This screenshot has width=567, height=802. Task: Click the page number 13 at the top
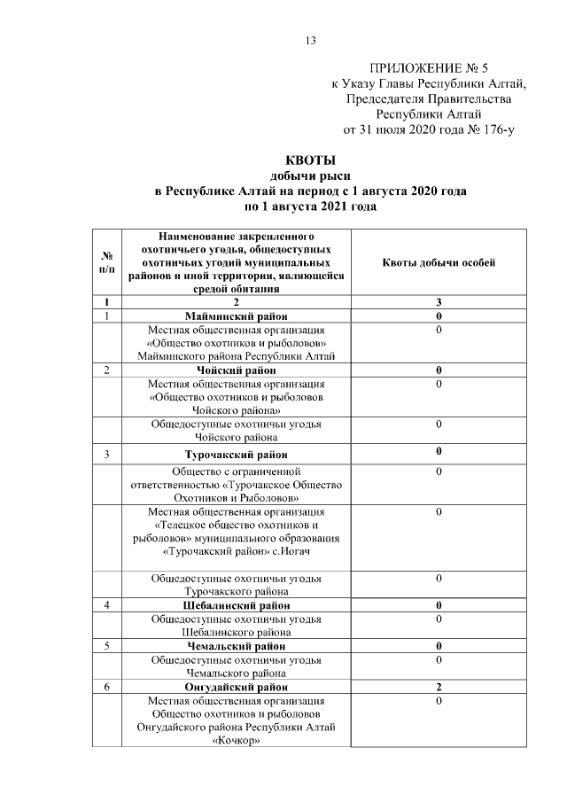click(310, 40)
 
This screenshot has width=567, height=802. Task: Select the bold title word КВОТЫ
click(309, 161)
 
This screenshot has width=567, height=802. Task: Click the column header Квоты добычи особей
click(439, 262)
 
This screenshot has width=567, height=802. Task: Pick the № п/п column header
click(106, 262)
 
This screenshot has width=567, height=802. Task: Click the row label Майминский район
click(235, 315)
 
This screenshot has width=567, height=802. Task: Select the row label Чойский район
click(235, 370)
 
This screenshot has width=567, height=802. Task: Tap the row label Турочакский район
click(235, 456)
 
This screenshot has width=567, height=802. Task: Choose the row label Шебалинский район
click(235, 605)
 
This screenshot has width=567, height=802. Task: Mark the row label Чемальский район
click(235, 647)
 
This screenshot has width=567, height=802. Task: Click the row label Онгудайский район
click(235, 687)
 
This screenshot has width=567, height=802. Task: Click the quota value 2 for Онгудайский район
click(439, 687)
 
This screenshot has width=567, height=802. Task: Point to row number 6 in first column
click(106, 687)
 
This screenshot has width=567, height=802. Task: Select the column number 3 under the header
click(439, 302)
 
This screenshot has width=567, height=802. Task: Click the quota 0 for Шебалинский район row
click(439, 605)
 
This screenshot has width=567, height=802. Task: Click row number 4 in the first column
click(106, 605)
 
